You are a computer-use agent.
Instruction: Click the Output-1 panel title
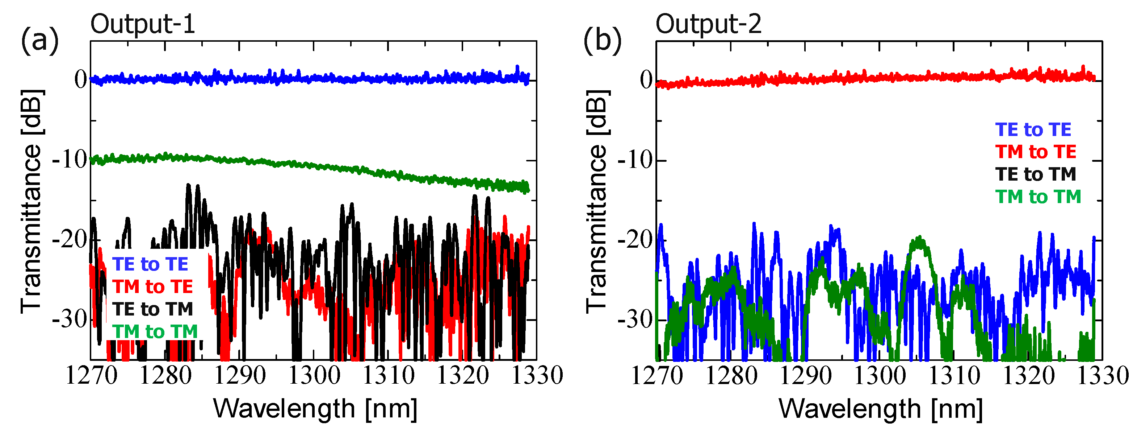coord(143,24)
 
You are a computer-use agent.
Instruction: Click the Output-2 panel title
coord(708,24)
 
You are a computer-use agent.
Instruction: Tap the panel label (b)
coord(602,41)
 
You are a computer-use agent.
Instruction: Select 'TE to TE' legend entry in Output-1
coord(150,265)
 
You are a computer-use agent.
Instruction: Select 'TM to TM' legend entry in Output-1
coord(155,332)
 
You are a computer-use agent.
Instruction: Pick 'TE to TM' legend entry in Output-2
coord(1036,174)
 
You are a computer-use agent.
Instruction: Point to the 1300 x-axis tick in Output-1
coord(314,376)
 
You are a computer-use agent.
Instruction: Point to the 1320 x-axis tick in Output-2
coord(1029,376)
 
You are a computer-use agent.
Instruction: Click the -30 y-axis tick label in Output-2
coord(635,319)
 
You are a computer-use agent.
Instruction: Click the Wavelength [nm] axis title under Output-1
coord(315,408)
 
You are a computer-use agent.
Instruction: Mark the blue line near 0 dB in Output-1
coord(309,79)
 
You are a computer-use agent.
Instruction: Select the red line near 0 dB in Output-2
coord(883,78)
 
